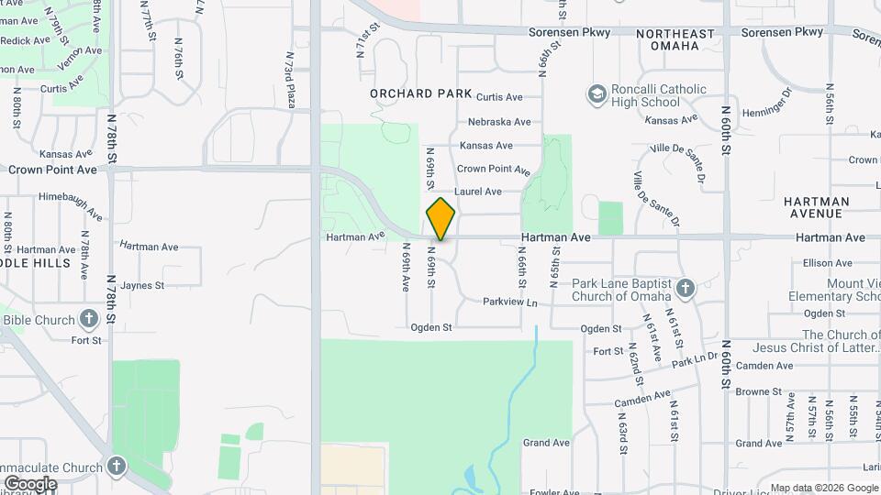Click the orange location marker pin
[x=440, y=219]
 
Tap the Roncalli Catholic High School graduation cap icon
[x=597, y=94]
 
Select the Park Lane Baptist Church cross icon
[x=685, y=290]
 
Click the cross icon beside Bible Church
[x=88, y=320]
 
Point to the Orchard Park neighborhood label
[x=421, y=93]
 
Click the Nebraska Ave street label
[x=499, y=122]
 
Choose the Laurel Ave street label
[x=479, y=192]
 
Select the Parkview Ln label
[x=509, y=302]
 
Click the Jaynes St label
[x=141, y=285]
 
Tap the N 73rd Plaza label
[x=288, y=80]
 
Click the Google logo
[x=29, y=484]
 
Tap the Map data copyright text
[x=824, y=488]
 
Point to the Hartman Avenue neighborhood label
[x=812, y=207]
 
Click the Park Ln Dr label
[x=694, y=359]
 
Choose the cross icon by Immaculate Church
[x=117, y=465]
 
